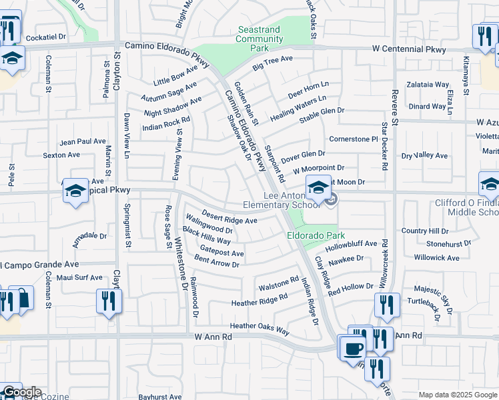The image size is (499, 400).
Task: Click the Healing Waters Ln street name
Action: pos(298,108)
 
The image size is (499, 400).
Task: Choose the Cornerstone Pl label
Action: pos(354,139)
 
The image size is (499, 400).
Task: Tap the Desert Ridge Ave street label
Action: pos(229,218)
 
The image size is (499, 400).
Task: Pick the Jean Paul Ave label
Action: pos(83,142)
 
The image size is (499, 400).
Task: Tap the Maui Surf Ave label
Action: pos(79,277)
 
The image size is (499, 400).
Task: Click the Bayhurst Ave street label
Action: pos(160,396)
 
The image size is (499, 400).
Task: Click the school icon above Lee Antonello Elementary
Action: pos(318,187)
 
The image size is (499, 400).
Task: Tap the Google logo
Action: pos(21,392)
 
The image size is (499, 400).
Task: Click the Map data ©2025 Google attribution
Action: pos(457,395)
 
